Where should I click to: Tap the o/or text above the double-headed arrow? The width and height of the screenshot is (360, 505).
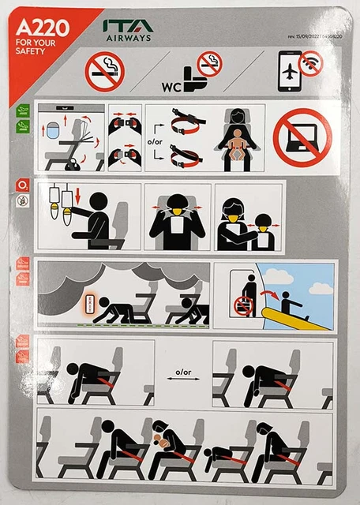tap(183, 371)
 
